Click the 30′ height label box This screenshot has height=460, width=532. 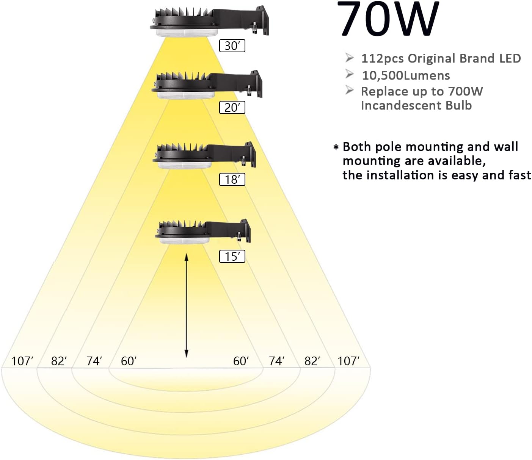[232, 46]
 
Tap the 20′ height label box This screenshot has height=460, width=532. [232, 108]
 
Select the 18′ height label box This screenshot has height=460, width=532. [232, 179]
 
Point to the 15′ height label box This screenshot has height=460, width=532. [232, 257]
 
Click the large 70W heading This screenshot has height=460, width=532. [388, 20]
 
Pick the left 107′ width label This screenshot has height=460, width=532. [22, 361]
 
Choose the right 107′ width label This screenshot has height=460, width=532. [348, 361]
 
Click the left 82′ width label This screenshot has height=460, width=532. [59, 361]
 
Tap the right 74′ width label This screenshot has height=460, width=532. [276, 361]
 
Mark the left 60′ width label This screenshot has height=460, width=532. [129, 361]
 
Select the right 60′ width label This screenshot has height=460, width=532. [241, 361]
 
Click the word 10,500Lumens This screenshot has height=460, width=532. [406, 75]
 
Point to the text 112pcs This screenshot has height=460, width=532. [382, 59]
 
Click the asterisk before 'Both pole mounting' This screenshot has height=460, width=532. [336, 147]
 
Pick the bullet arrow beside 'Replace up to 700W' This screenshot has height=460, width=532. [349, 91]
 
